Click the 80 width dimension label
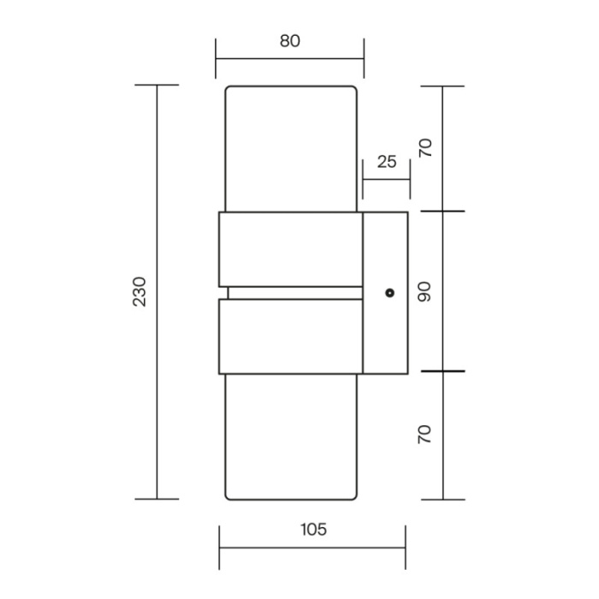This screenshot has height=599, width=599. pos(289,41)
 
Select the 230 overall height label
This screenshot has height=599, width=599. pos(140,292)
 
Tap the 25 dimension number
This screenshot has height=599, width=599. pos(387,161)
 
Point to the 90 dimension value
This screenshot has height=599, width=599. pos(424,292)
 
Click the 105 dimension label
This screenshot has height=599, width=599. pos(313,530)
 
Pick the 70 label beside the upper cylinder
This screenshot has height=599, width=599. pos(424,148)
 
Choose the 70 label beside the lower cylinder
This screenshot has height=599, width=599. pos(424,434)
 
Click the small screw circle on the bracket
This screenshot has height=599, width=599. pos(390,293)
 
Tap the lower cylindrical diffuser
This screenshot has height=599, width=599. pos(289,436)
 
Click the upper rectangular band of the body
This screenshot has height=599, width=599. pos(289,249)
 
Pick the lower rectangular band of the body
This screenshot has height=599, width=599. pos(289,336)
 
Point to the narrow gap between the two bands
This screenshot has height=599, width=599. pos(291,293)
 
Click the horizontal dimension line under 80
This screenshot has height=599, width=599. pos(289,58)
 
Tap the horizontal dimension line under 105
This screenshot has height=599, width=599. pos(313,549)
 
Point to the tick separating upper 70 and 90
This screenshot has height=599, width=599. pos(442,211)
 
